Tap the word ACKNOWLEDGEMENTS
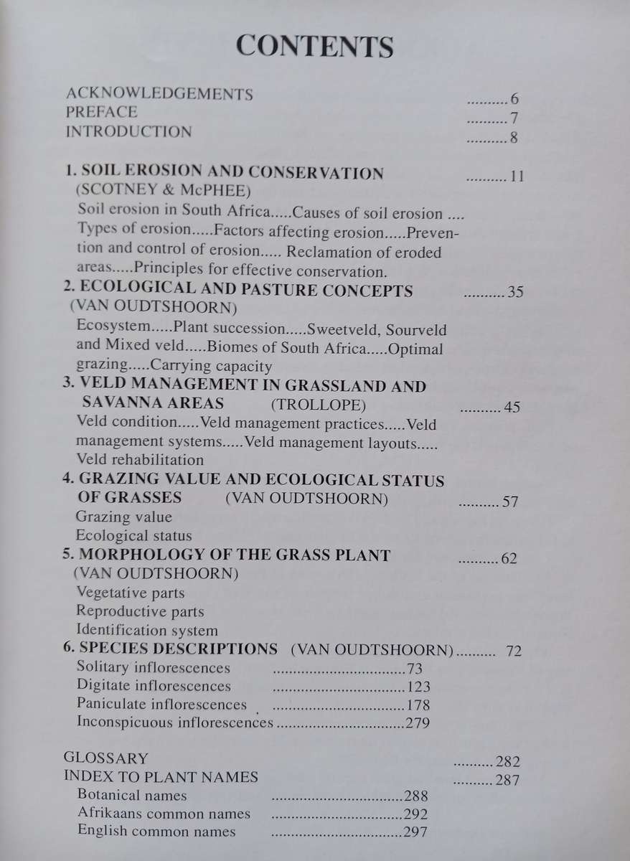(x=159, y=93)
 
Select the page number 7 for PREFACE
(x=514, y=118)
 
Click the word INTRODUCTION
(x=128, y=132)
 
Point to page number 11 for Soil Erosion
(x=517, y=177)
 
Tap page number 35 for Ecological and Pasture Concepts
(x=515, y=293)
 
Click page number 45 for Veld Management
(x=512, y=408)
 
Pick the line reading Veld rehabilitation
(x=139, y=460)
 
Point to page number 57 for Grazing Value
(x=510, y=502)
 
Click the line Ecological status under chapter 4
(x=133, y=536)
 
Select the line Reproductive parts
(x=139, y=612)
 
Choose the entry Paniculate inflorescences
(x=161, y=705)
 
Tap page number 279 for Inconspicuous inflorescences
(x=417, y=723)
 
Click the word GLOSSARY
(x=106, y=758)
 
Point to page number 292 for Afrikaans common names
(x=415, y=814)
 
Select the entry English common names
(x=156, y=832)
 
